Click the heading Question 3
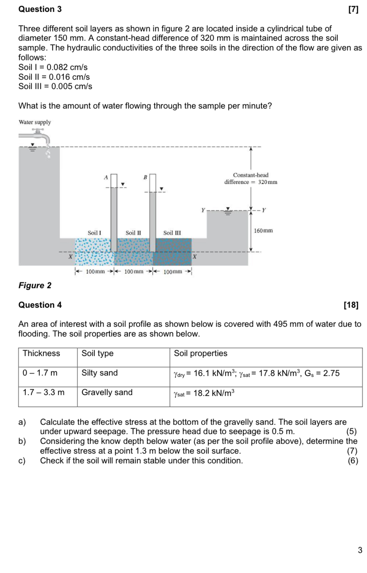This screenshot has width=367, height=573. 40,9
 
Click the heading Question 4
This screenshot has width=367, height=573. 40,305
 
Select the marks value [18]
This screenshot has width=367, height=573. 351,305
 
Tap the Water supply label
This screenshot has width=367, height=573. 35,122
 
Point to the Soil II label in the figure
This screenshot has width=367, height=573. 133,232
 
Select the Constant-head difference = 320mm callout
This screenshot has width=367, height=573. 250,179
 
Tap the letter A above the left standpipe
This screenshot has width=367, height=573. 106,177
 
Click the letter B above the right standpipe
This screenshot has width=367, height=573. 144,177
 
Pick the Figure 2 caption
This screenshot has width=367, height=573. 35,285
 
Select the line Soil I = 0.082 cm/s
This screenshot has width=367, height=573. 53,67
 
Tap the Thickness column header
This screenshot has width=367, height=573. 41,353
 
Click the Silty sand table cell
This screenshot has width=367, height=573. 100,373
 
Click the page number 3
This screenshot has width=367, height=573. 359,550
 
